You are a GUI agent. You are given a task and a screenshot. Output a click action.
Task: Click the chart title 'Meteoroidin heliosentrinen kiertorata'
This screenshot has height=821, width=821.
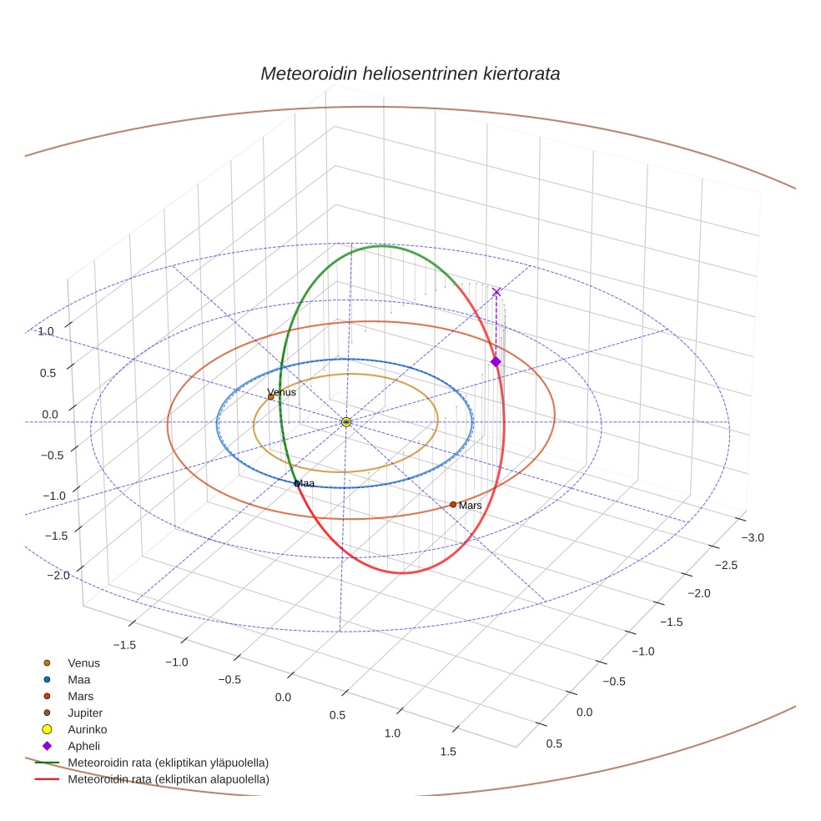[x=410, y=73]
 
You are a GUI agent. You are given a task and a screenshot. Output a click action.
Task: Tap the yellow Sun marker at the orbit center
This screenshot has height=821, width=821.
[x=345, y=422]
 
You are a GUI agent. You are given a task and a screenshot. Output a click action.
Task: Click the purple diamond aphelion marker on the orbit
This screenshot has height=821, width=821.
[x=496, y=361]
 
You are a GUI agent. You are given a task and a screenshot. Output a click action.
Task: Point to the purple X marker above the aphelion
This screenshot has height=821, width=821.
[x=496, y=292]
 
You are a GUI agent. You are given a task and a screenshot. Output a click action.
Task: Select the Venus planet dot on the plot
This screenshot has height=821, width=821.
[x=270, y=397]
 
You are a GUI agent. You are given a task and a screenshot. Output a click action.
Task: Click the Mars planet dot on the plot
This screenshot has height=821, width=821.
[x=453, y=504]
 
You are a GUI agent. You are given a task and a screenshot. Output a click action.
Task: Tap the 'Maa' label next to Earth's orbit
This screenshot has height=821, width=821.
[x=305, y=483]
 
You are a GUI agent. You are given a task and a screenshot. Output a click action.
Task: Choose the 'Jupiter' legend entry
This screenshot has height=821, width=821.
[x=84, y=713]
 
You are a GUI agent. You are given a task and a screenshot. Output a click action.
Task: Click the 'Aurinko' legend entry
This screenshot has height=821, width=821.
[x=87, y=729]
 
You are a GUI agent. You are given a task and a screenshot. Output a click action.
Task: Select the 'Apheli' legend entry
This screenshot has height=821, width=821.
[x=83, y=746]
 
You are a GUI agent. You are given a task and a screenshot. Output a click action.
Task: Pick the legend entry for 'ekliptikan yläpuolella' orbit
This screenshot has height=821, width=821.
[x=168, y=763]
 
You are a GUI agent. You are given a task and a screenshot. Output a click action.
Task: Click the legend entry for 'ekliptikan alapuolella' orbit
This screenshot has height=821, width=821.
[x=168, y=779]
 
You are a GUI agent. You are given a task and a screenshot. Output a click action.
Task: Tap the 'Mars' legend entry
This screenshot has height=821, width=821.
[x=80, y=696]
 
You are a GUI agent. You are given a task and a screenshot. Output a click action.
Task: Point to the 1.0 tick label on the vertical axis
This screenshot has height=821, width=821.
[x=45, y=331]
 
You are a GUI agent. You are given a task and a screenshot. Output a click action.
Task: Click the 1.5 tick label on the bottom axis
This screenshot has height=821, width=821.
[x=447, y=751]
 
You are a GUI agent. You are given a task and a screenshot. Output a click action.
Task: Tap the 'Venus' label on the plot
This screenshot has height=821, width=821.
[x=281, y=392]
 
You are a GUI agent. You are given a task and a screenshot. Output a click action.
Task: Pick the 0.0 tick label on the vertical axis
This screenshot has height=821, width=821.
[x=50, y=414]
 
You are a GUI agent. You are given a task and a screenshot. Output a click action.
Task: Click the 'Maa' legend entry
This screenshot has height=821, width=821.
[x=79, y=679]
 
